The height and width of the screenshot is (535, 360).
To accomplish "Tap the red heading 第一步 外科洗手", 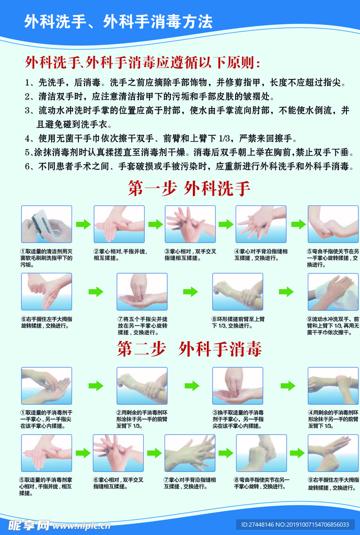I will click(189, 188).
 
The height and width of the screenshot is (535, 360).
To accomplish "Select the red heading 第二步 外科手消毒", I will click(189, 349).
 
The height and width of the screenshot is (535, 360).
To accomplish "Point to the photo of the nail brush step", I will click(47, 224).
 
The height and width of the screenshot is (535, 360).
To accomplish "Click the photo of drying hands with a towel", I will click(333, 292).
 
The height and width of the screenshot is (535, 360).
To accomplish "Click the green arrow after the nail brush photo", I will click(84, 224).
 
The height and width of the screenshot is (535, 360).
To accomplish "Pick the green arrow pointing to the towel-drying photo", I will click(286, 292).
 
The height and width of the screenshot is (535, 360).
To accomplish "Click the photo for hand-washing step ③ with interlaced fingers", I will click(190, 224).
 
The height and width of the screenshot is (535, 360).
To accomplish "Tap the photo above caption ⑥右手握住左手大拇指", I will click(47, 292).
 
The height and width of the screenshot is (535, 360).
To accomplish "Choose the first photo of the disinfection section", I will click(47, 386).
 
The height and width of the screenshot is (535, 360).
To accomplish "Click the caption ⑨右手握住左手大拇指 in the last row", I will click(333, 483).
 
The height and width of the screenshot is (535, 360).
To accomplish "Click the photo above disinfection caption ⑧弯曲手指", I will click(261, 452).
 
